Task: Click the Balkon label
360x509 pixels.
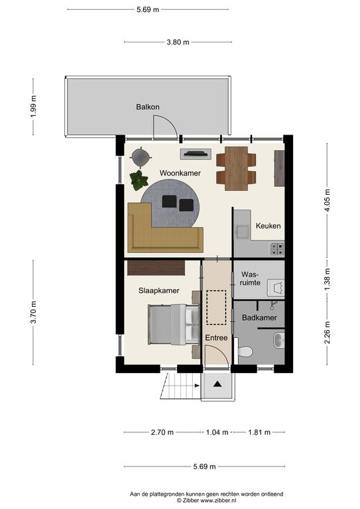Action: tap(148, 107)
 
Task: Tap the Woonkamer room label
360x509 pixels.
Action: tap(180, 173)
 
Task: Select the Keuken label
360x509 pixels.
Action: tap(268, 225)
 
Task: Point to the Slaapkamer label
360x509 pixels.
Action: tap(158, 290)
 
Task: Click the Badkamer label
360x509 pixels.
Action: tap(259, 318)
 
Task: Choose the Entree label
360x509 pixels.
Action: tap(216, 338)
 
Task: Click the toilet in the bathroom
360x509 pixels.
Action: tap(245, 351)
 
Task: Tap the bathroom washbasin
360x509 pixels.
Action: tap(279, 340)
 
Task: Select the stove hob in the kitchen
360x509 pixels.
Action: tap(277, 249)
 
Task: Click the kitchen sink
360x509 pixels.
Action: tap(242, 231)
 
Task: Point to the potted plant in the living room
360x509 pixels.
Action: tap(139, 180)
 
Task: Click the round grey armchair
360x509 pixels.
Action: tap(141, 157)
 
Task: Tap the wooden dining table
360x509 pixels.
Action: tap(236, 168)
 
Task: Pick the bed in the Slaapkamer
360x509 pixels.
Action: tap(174, 324)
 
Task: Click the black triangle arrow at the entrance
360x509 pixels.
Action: tap(217, 384)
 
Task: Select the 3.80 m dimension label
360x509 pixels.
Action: tap(178, 42)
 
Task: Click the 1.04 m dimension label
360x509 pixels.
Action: tap(217, 432)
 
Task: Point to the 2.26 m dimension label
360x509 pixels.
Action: tap(328, 332)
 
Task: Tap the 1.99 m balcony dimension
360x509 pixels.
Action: tap(33, 107)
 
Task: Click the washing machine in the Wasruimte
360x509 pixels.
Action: tap(276, 288)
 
